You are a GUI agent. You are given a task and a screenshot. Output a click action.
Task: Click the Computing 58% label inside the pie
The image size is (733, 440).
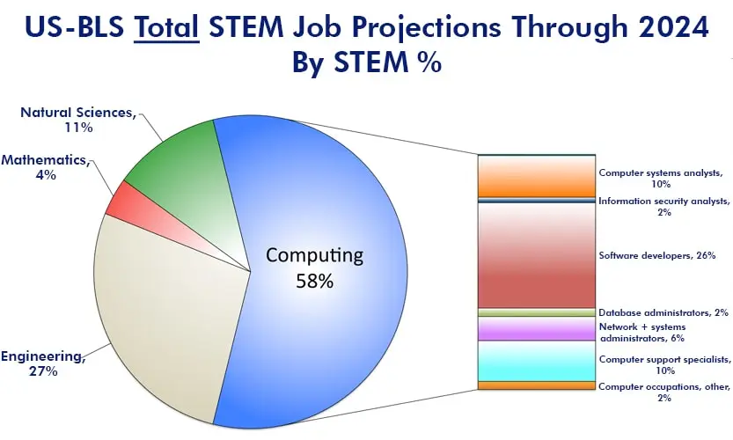pos(315,268)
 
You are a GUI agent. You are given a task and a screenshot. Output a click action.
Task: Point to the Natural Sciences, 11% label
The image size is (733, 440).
pos(78,120)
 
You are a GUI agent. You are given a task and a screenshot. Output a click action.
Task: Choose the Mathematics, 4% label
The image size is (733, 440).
pos(45,167)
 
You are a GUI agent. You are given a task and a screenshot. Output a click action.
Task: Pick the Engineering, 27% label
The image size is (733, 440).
pos(43,363)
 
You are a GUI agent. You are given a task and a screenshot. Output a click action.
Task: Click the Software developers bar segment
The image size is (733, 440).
pos(537,255)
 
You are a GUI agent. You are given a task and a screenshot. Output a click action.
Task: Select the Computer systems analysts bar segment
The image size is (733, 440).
pos(537,176)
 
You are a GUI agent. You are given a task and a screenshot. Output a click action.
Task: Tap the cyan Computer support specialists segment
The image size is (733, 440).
pos(537,361)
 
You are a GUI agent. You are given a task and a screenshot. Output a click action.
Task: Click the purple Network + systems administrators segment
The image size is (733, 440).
pos(537,329)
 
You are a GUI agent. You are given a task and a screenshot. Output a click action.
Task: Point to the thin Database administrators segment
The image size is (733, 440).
pos(537,312)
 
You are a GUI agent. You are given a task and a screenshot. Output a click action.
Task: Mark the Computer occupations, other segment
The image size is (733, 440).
pos(537,385)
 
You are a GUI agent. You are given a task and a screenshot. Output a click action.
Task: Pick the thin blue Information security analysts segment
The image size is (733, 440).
pos(537,200)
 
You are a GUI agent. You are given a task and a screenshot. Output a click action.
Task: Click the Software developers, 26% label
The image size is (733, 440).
pos(657,256)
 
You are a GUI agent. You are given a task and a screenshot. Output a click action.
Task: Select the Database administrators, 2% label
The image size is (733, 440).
pos(663,312)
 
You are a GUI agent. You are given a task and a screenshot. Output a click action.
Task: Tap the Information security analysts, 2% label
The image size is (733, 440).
pos(663,206)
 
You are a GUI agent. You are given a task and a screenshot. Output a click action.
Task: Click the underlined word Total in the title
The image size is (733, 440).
pos(166,27)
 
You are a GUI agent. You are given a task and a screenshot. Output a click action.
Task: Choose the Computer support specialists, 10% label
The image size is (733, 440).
pos(664,364)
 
